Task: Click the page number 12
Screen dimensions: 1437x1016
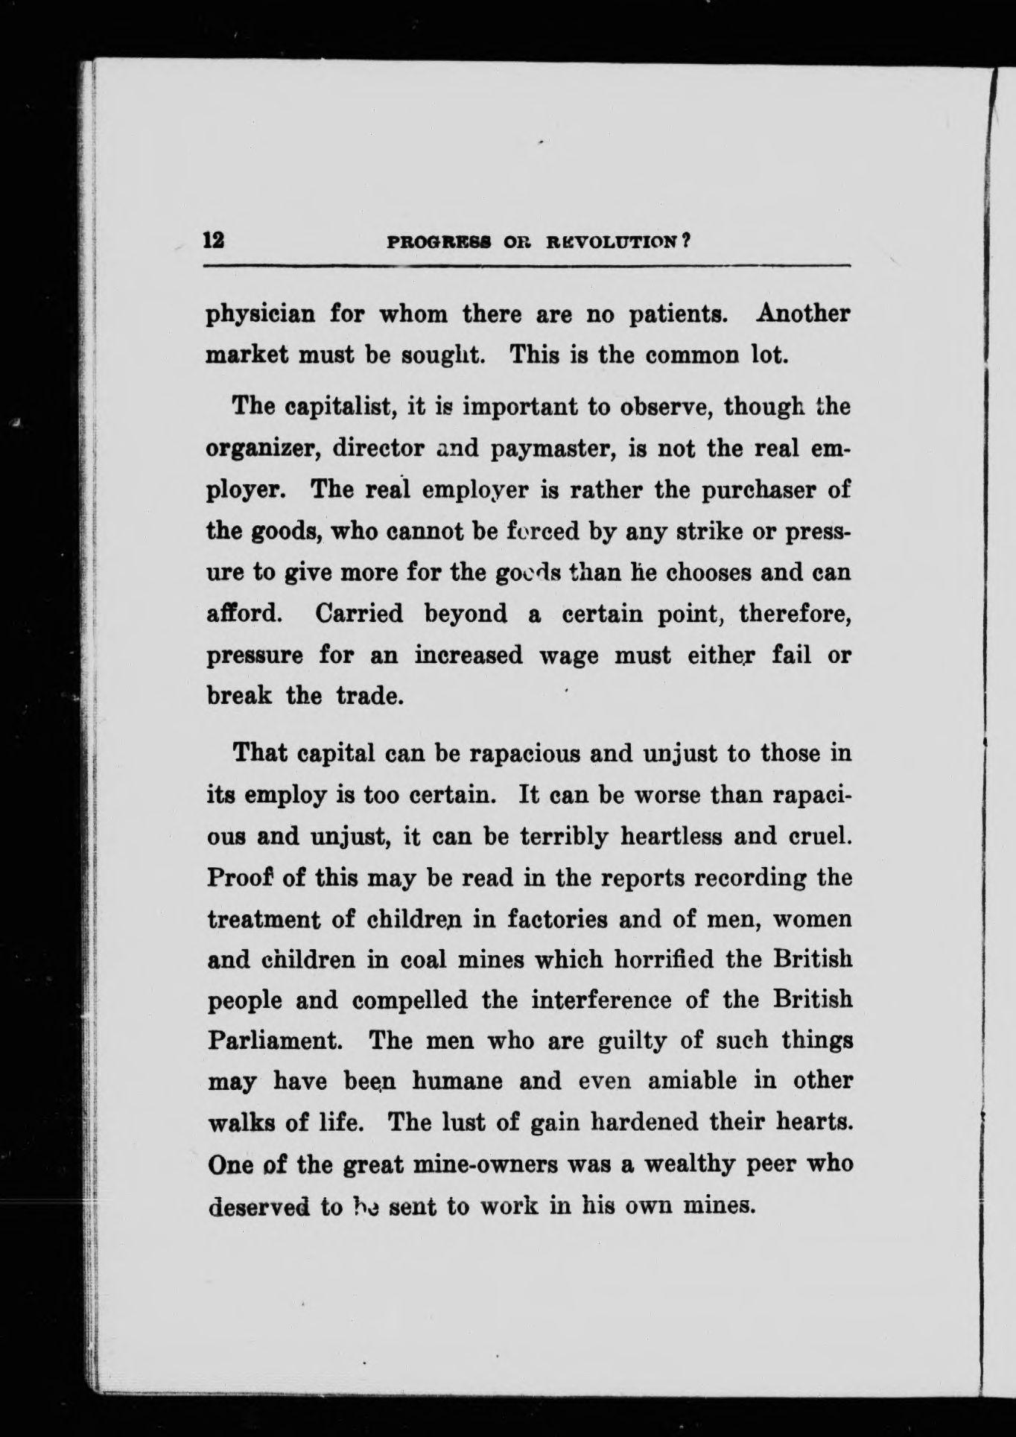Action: pyautogui.click(x=215, y=241)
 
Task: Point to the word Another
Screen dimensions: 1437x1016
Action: pyautogui.click(x=802, y=313)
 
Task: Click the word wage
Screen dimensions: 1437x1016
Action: pyautogui.click(x=568, y=656)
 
